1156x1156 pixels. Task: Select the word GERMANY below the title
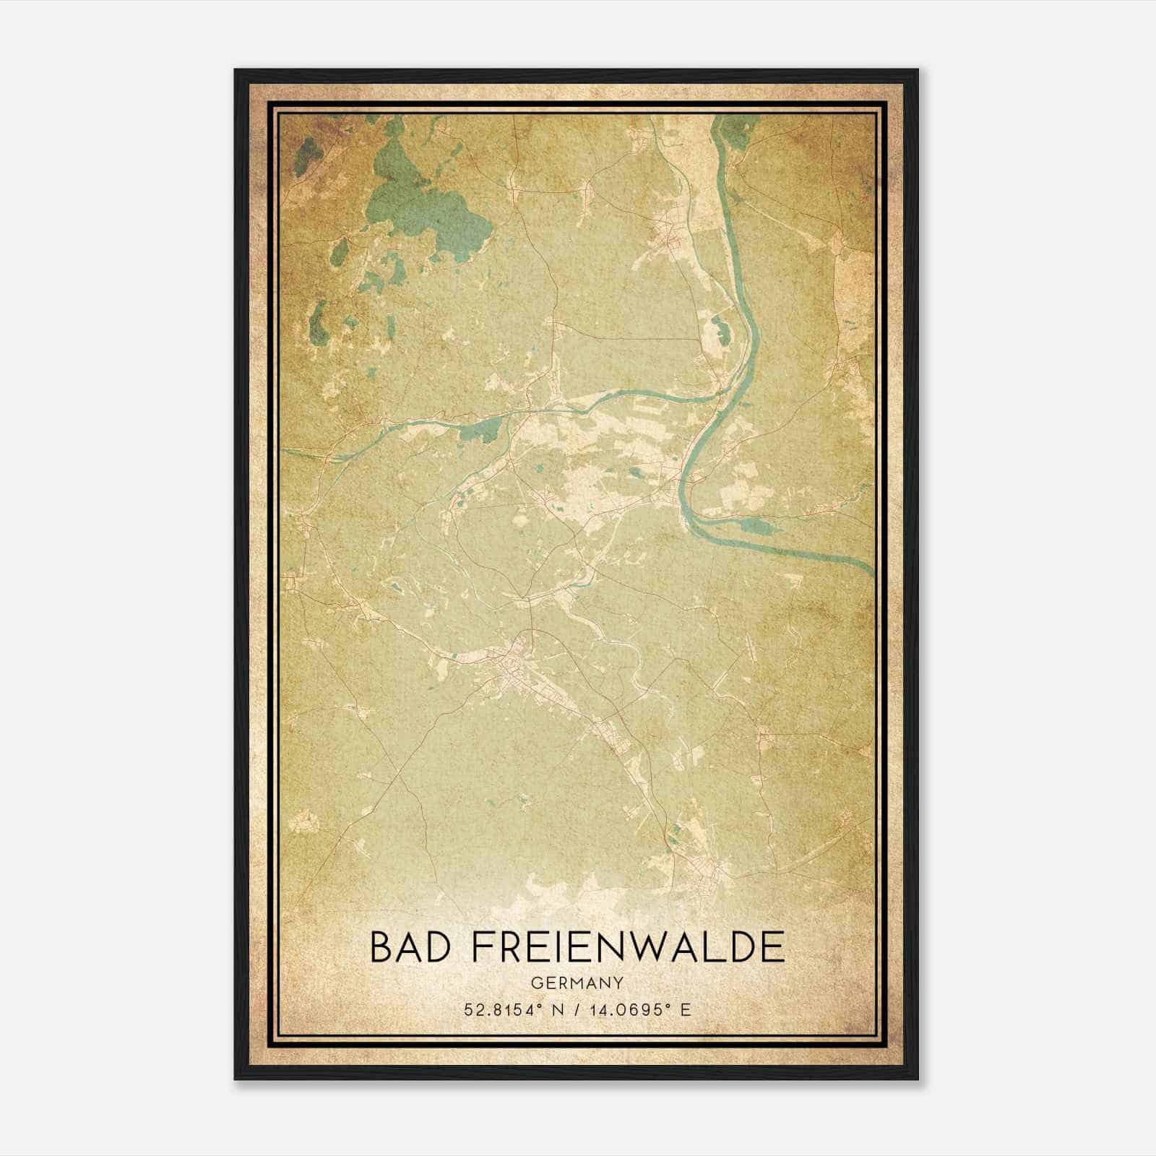[577, 983]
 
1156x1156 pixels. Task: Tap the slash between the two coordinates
[575, 1009]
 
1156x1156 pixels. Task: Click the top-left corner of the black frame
[236, 71]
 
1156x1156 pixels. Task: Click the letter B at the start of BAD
[381, 947]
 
